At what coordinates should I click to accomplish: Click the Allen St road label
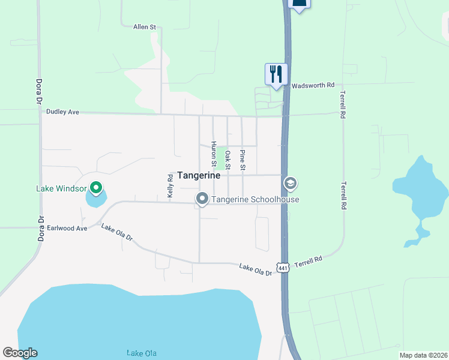coord(144,27)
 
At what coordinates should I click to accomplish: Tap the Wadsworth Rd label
coord(313,86)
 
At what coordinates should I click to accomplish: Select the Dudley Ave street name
coord(62,111)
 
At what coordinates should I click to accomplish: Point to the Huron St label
coord(213,153)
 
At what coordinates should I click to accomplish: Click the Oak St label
coord(228,160)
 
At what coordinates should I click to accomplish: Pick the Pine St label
coord(243,159)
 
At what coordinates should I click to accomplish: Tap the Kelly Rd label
coord(170,186)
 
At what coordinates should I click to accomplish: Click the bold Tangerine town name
coord(199,176)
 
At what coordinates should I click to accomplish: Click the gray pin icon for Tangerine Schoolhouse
coord(202,198)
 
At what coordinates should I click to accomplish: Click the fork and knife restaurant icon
coord(276,74)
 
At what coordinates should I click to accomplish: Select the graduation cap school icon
coord(290,183)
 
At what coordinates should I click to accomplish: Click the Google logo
coord(20,353)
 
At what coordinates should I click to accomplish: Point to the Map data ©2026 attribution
coord(423,355)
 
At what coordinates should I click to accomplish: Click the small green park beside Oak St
coord(221,154)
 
